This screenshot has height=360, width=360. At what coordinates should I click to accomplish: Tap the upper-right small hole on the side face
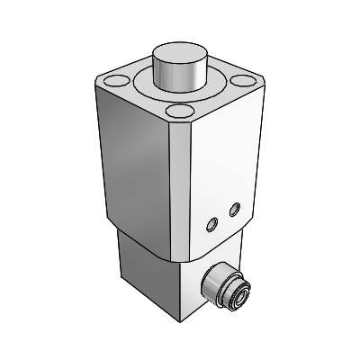pyautogui.click(x=235, y=209)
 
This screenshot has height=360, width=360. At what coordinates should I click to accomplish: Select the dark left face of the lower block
pyautogui.click(x=148, y=270)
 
